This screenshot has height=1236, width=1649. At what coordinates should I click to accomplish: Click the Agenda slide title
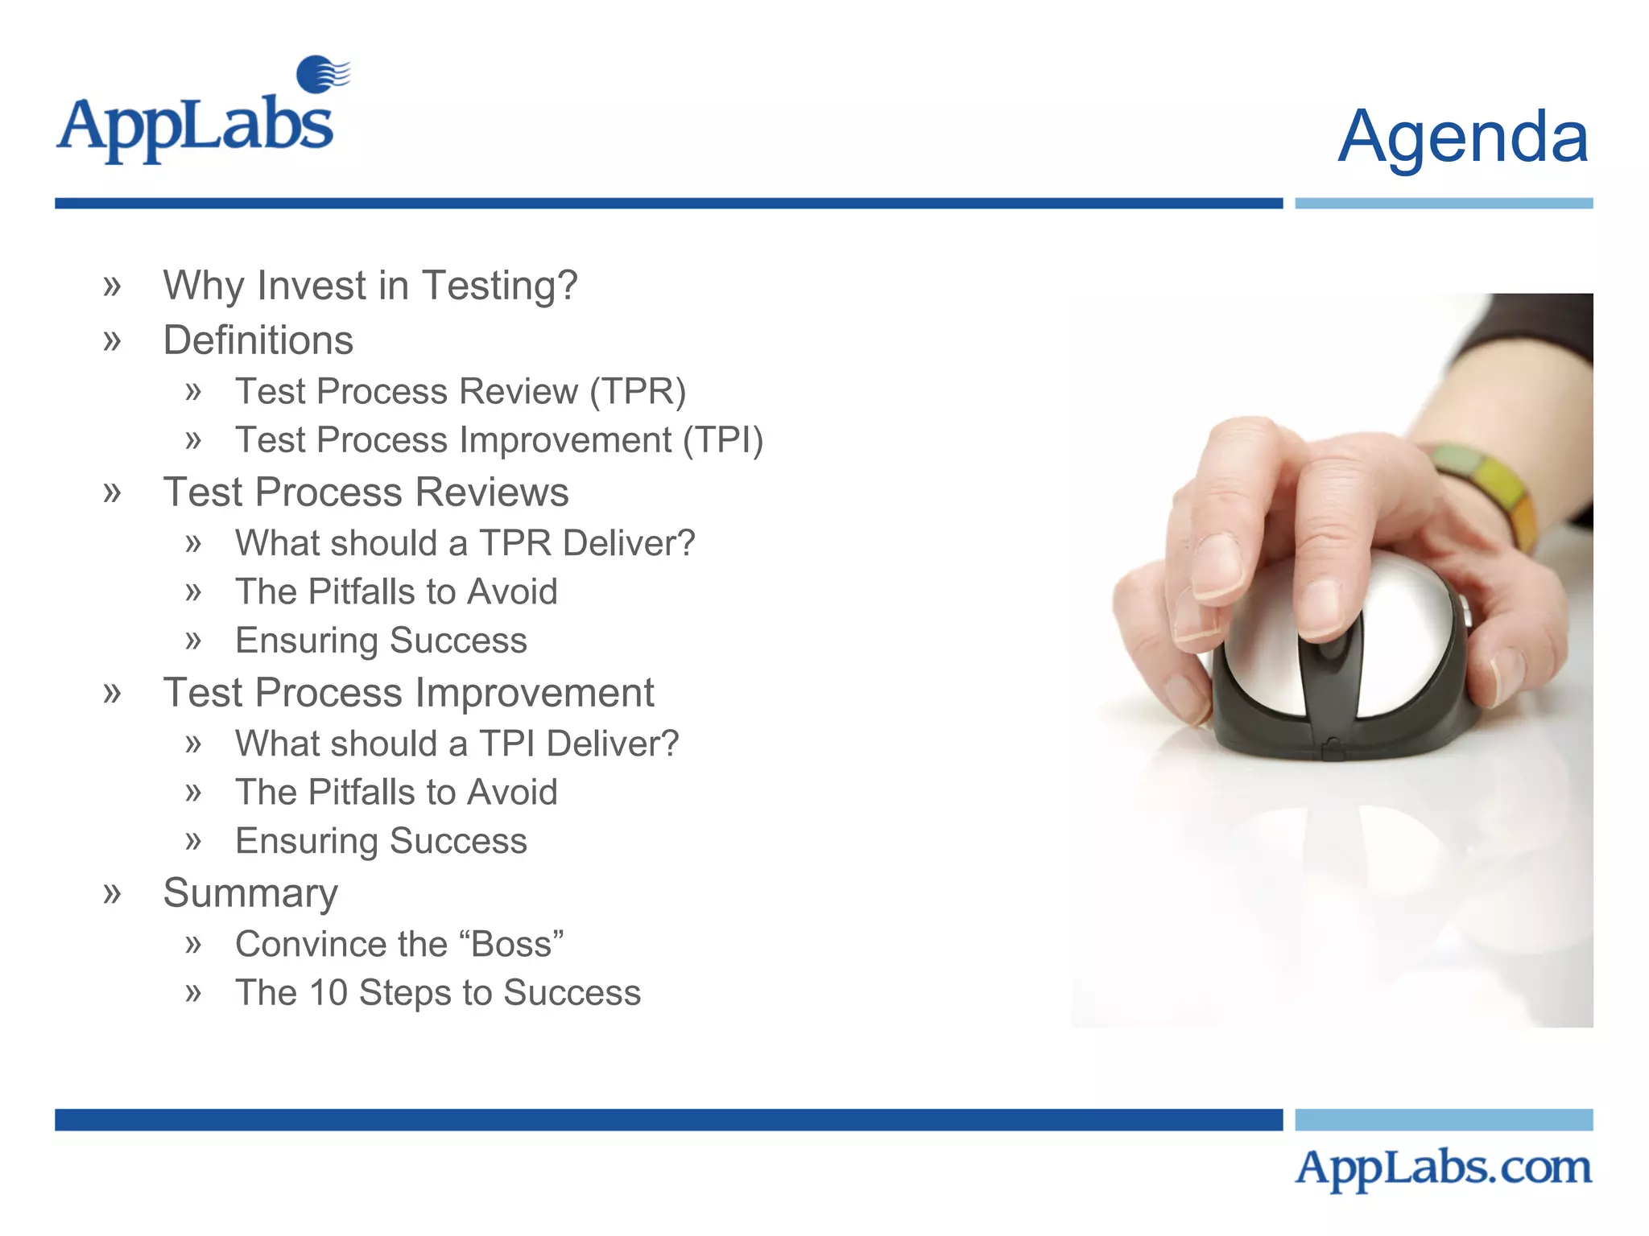(x=1462, y=137)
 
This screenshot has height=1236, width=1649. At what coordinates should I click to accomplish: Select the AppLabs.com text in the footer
(x=1443, y=1168)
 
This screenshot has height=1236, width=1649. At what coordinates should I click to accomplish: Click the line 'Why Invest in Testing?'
(x=370, y=286)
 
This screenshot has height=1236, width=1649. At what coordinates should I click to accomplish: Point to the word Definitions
(x=258, y=340)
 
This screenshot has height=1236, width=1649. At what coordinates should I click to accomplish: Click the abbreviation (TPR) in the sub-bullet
(x=638, y=392)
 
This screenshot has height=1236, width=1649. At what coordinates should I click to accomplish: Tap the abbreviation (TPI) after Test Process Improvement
(x=723, y=440)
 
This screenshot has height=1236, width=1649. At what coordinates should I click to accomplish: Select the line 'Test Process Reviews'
(x=366, y=492)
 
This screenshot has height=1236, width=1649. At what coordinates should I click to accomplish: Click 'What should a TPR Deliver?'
(x=465, y=543)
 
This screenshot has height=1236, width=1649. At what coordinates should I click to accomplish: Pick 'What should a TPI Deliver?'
(x=457, y=744)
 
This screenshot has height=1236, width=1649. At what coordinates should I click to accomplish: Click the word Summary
(x=250, y=893)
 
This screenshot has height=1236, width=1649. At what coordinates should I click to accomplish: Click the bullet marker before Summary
(x=112, y=892)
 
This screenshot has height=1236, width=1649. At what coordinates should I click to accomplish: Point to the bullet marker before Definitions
(x=112, y=340)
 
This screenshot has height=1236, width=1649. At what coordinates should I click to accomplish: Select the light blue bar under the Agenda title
(x=1443, y=204)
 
